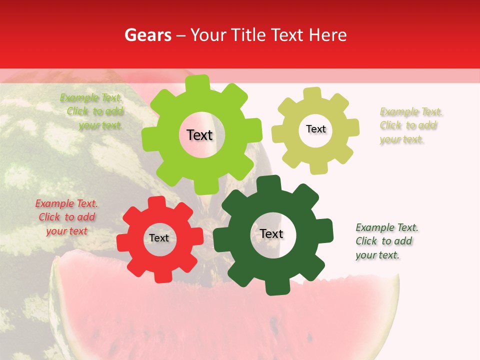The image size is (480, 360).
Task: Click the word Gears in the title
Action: pos(147,35)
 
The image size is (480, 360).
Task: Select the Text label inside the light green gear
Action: pos(199,135)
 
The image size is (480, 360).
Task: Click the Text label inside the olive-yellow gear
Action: pos(315,129)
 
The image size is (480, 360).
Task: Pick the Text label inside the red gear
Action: pos(159,238)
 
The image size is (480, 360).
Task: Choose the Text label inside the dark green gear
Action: pos(271,233)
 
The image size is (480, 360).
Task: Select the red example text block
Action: pos(66,217)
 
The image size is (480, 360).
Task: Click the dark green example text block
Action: pos(386,241)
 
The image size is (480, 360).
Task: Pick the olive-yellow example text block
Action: pos(410,125)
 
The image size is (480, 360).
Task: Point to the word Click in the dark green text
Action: pos(366,241)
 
